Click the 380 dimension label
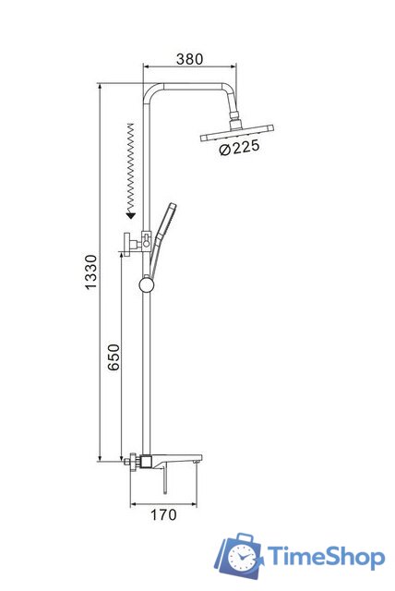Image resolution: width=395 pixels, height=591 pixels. [x=189, y=59]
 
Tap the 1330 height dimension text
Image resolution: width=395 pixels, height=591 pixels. [x=90, y=272]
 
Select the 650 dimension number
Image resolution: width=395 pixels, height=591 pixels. [x=114, y=357]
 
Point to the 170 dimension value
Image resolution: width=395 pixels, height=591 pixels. [x=163, y=514]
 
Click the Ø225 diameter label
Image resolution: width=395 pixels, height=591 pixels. [x=239, y=148]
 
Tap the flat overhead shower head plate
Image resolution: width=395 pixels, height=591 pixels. [x=237, y=133]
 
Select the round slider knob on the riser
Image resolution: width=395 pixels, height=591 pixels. [x=147, y=285]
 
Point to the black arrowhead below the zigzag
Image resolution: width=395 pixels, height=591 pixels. [x=131, y=215]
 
